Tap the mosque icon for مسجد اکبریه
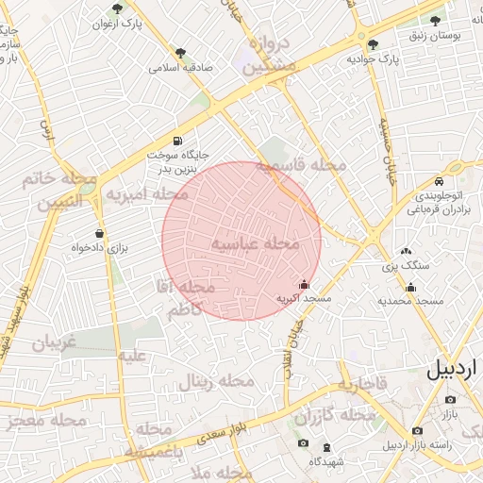pos(303,284)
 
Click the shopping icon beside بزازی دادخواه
pos(99,233)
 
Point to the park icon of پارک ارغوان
pos(117,8)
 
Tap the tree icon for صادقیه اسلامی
pos(180,54)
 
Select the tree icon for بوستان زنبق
pos(438,21)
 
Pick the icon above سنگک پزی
pos(407,251)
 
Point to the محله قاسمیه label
pos(304,165)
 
